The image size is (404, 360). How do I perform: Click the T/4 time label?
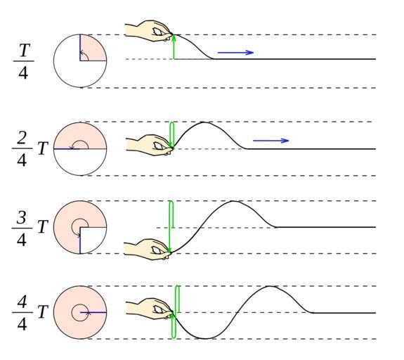[x=23, y=61]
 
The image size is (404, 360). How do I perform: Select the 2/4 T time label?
[x=30, y=149]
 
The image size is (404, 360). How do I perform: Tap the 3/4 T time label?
[x=30, y=228]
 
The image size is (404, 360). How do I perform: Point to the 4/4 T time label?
[x=30, y=313]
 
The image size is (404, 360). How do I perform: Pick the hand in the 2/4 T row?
[x=149, y=145]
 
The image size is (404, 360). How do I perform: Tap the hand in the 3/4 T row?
[x=148, y=249]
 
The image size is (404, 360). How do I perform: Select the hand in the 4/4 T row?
[x=150, y=309]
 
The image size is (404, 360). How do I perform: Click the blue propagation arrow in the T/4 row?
[x=235, y=53]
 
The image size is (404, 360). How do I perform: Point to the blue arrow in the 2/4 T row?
[x=271, y=141]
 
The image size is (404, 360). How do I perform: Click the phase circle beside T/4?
[x=80, y=61]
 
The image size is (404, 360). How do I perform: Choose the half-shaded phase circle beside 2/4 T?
[x=80, y=149]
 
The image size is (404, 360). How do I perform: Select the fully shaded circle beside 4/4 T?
[x=80, y=312]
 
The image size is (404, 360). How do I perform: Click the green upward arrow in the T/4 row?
[x=174, y=47]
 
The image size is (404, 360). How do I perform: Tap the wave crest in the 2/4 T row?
[x=204, y=122]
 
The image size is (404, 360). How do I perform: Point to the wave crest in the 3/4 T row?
[x=233, y=201]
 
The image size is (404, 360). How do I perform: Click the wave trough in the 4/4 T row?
[x=205, y=338]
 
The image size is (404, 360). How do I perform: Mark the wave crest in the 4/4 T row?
[x=270, y=286]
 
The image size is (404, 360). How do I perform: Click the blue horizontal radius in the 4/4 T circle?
[x=93, y=313]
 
